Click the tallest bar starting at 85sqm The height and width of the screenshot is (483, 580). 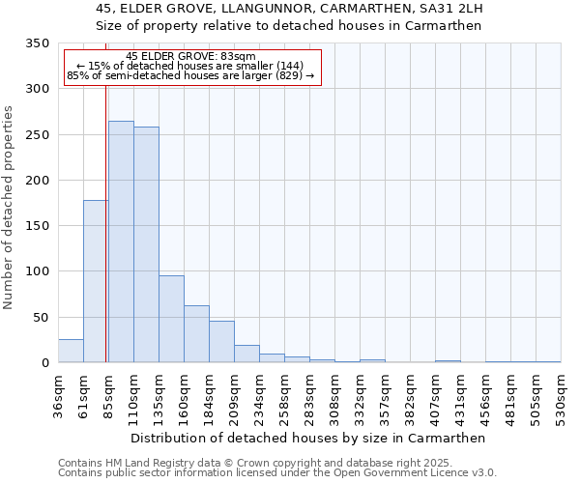tap(121, 241)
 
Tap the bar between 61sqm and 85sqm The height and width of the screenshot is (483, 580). tap(96, 281)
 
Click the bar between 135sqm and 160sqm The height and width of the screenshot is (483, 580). tap(171, 319)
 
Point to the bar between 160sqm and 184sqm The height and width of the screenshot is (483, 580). tap(196, 334)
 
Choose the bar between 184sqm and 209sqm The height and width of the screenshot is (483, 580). tap(221, 342)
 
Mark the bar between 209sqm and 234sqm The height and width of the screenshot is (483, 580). tap(246, 354)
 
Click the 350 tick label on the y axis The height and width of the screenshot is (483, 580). tap(37, 43)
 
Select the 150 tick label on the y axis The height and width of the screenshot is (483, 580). tap(37, 226)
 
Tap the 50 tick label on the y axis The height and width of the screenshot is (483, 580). tap(41, 317)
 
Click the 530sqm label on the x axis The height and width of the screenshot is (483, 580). tap(561, 396)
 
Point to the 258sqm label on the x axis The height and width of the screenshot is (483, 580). tap(284, 396)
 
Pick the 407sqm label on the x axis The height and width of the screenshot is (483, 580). tap(435, 396)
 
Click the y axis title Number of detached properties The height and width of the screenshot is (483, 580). tap(9, 208)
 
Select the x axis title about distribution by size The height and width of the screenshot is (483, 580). tap(307, 438)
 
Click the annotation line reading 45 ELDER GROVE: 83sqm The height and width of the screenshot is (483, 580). tap(190, 57)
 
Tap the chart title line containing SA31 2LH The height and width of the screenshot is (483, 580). tap(289, 9)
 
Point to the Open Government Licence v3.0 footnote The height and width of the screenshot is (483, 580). tap(277, 473)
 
